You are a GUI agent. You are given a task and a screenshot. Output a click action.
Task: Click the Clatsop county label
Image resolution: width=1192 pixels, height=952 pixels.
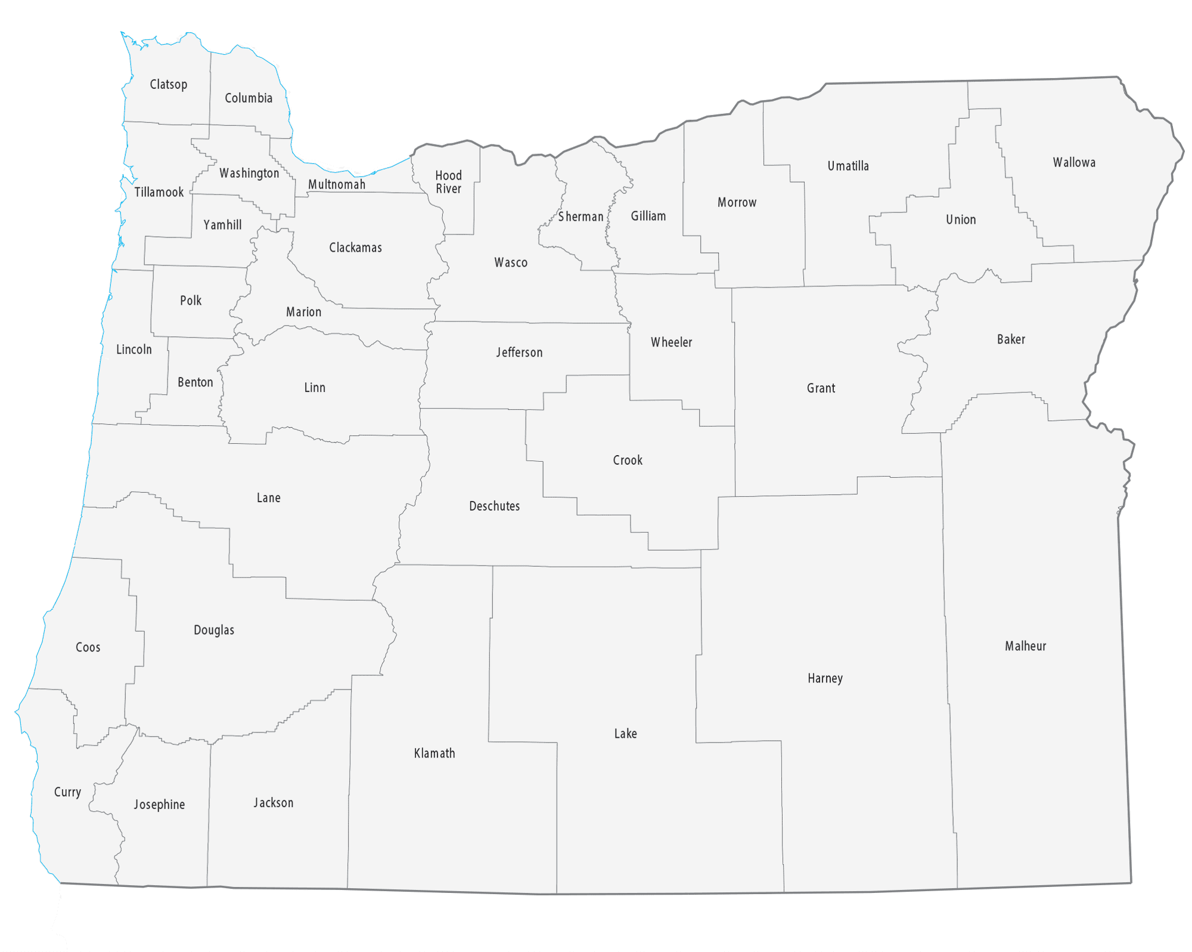[x=168, y=85]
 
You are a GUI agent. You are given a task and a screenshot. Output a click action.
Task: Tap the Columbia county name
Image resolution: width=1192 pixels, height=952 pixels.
[x=249, y=98]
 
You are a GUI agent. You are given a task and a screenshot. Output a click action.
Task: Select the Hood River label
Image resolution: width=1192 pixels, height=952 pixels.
[x=448, y=182]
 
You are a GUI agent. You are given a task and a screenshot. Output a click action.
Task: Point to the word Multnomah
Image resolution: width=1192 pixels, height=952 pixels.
[x=337, y=185]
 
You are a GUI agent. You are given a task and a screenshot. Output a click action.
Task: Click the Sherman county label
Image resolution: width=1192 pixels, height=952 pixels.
[x=581, y=217]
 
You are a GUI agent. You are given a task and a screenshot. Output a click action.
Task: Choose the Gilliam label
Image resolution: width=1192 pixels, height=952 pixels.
[x=648, y=217]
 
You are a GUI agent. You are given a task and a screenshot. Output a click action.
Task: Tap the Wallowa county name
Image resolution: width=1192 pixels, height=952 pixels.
[x=1074, y=163]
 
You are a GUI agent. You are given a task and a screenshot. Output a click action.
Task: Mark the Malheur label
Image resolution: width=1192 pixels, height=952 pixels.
[x=1025, y=647]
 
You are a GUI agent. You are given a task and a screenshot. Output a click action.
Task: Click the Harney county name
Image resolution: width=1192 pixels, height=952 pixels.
[x=825, y=679]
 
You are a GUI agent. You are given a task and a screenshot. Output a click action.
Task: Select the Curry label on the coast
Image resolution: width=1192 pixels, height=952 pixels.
[x=67, y=793]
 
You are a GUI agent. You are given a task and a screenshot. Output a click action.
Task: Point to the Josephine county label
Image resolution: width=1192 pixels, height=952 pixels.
[x=159, y=805]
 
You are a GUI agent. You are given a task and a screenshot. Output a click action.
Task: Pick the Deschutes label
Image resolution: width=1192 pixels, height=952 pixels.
[x=494, y=506]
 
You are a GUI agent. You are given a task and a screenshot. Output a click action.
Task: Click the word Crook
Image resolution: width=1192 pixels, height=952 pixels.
[x=628, y=460]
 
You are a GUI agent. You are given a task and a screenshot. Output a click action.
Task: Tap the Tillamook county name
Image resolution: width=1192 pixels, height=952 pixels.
[x=159, y=193]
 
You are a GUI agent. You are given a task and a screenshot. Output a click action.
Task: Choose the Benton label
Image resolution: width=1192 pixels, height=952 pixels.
[x=195, y=383]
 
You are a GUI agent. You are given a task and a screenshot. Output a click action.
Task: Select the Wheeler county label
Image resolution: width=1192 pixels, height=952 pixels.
[x=671, y=343]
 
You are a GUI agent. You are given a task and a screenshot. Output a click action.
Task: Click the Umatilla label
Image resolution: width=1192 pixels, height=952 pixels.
[x=848, y=166]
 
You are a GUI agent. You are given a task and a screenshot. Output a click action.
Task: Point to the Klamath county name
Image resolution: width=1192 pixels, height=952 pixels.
[x=434, y=754]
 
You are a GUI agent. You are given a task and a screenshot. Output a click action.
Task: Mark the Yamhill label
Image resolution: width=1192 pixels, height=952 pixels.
[x=222, y=225]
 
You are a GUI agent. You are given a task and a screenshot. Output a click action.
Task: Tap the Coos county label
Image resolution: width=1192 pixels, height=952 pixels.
[x=88, y=648]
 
